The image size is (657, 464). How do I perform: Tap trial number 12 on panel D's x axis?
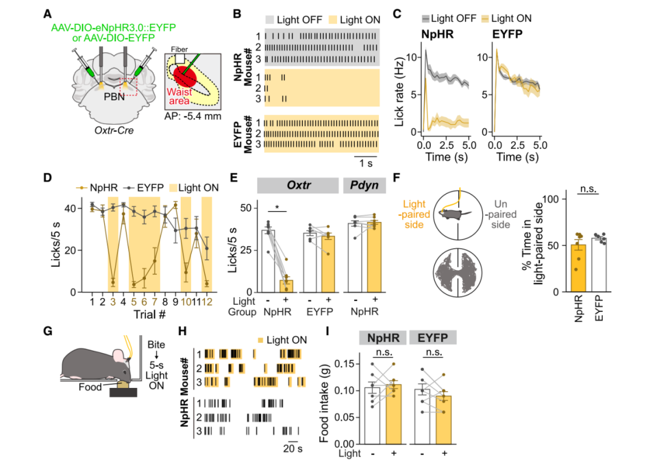pos(207,302)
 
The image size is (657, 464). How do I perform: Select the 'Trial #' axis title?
pos(150,315)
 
